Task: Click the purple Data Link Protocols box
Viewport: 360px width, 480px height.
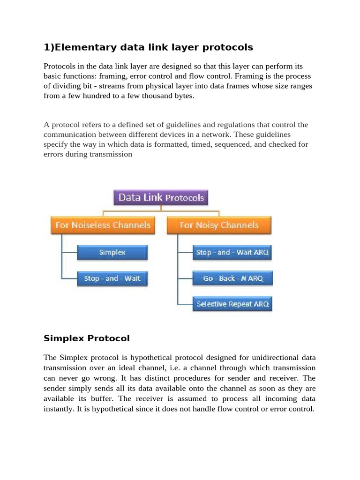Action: click(161, 197)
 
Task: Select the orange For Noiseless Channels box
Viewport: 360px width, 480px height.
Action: click(103, 225)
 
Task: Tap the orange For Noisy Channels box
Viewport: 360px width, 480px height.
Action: click(219, 225)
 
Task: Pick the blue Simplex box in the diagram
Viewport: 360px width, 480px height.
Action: click(112, 252)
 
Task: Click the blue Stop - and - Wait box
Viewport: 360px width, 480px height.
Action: click(112, 278)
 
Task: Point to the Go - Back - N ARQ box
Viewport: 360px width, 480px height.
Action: click(232, 278)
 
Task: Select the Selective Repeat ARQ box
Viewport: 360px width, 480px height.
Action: click(232, 304)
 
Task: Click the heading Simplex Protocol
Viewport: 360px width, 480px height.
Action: click(86, 338)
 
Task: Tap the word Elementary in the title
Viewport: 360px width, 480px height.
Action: click(78, 47)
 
